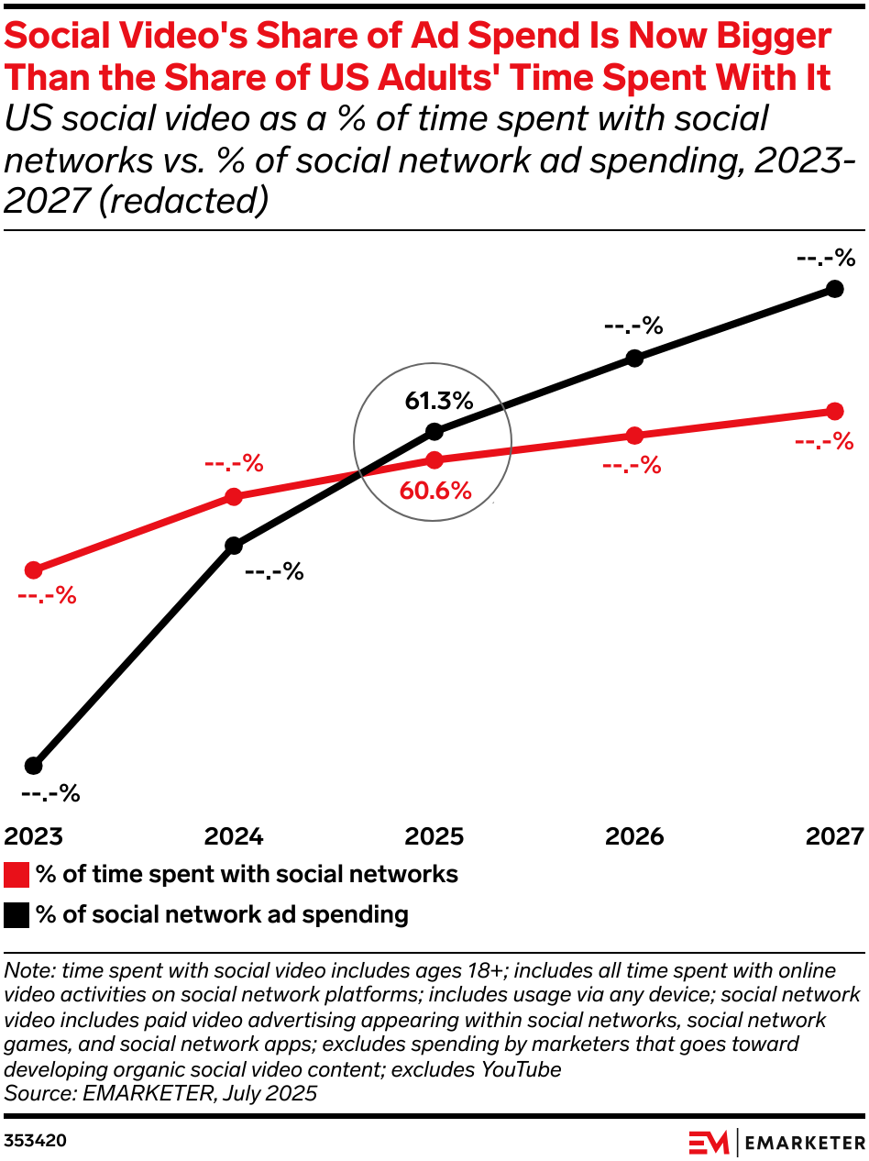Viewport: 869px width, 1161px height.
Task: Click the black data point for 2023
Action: [34, 765]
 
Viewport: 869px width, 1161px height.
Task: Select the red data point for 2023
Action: [34, 570]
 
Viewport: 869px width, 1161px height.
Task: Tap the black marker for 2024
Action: [234, 546]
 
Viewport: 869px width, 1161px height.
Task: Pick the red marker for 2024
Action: [234, 497]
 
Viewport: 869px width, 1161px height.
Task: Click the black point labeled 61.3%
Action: [434, 431]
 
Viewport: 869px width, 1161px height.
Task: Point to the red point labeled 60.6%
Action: [434, 459]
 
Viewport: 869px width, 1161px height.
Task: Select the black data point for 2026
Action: [634, 358]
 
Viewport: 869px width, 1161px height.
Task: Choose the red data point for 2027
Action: [834, 410]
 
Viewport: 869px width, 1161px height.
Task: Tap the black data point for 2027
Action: [834, 289]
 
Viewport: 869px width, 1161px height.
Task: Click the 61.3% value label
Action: [438, 401]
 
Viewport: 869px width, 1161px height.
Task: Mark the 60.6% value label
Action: [435, 491]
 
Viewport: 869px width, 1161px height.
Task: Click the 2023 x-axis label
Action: [34, 836]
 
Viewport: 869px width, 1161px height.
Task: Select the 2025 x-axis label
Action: [434, 836]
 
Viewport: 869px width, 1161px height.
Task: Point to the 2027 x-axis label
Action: [834, 836]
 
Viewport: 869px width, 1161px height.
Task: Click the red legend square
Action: [16, 874]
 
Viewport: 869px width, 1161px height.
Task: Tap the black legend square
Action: [16, 914]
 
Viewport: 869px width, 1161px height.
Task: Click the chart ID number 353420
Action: [35, 1141]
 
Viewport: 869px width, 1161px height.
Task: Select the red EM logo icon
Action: [709, 1142]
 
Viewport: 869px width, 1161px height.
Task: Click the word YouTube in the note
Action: [522, 1068]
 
